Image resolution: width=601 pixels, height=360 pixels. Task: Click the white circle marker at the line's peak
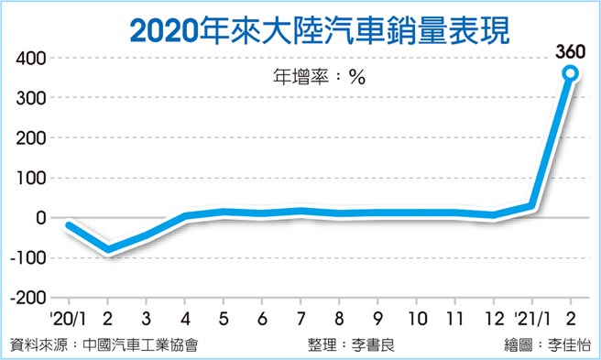click(x=571, y=73)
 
